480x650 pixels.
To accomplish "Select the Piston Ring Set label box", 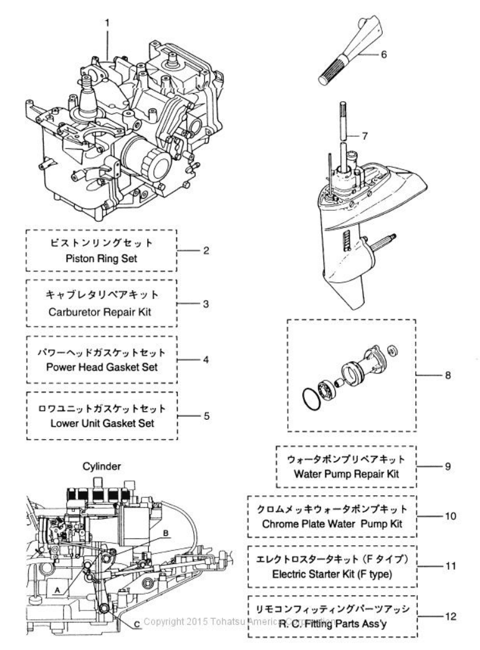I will coord(102,250).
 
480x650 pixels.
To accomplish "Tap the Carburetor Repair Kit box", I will coord(102,303).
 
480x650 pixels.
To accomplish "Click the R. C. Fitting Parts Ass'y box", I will coord(331,616).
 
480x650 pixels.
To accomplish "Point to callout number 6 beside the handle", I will coord(383,54).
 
